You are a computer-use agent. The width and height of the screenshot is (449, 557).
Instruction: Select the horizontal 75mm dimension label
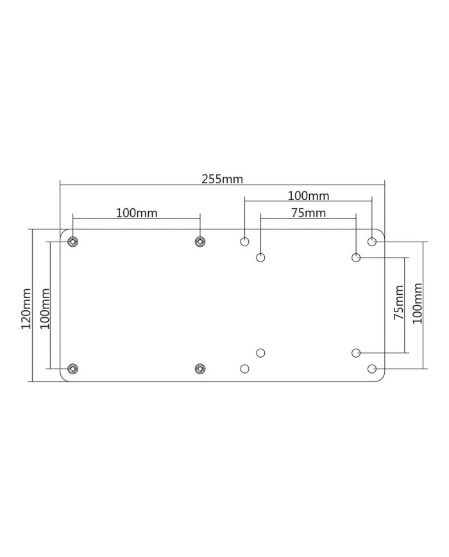(308, 213)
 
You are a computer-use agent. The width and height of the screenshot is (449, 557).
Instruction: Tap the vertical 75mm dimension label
(398, 304)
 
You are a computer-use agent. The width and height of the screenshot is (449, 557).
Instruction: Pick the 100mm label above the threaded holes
(137, 212)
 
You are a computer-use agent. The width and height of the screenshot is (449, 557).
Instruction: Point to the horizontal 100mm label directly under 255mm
(308, 195)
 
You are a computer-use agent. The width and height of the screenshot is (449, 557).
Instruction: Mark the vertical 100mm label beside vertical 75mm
(417, 304)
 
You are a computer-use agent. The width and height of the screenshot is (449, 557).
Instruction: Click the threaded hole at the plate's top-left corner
(73, 242)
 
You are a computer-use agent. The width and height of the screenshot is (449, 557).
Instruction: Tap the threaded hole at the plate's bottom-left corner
(73, 369)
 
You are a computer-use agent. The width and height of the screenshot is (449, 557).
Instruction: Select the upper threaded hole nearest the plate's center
(200, 242)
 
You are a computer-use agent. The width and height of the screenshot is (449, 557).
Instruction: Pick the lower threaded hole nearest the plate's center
(200, 369)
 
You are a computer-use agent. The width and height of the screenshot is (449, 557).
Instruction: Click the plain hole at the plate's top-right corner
(372, 242)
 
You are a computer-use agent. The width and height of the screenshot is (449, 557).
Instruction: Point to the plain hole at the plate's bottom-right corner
(372, 369)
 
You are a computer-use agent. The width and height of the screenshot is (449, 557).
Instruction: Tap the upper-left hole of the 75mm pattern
(260, 258)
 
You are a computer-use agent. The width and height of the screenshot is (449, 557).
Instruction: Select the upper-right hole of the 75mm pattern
(356, 258)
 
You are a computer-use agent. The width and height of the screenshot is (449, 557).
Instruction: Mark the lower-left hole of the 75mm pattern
(260, 353)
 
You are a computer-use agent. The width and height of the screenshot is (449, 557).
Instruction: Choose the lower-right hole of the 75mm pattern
(356, 353)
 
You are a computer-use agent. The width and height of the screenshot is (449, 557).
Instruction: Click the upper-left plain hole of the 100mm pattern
(244, 242)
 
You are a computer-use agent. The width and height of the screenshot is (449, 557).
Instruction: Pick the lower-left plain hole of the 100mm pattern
(244, 369)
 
